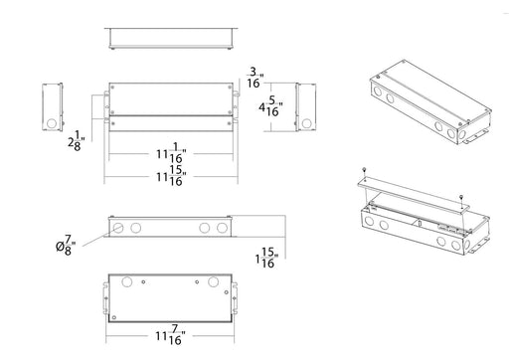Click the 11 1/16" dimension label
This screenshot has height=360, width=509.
[171, 153]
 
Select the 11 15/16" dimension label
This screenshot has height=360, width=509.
[171, 176]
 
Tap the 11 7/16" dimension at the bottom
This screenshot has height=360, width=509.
[170, 335]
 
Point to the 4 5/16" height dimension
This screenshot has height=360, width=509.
[270, 106]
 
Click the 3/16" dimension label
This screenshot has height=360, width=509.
[255, 78]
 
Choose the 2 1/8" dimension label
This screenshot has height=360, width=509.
[77, 141]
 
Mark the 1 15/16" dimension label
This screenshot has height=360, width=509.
[266, 258]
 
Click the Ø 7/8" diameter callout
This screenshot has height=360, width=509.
[66, 246]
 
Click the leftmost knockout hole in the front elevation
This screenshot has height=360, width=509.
[118, 228]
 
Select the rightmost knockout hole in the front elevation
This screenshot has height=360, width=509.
[222, 228]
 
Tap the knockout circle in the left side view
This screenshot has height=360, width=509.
[52, 123]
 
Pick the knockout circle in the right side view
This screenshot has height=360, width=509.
[306, 123]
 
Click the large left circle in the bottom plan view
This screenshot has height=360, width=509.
[126, 282]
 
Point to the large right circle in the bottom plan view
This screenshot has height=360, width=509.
[213, 282]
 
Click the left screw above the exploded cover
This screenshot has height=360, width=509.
[364, 171]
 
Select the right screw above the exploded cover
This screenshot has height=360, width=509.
[461, 198]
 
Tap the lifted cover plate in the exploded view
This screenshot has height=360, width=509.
[414, 195]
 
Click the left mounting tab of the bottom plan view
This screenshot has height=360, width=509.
[106, 298]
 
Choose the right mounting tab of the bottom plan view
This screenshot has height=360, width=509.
[235, 298]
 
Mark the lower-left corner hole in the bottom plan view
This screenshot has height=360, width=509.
[114, 317]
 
